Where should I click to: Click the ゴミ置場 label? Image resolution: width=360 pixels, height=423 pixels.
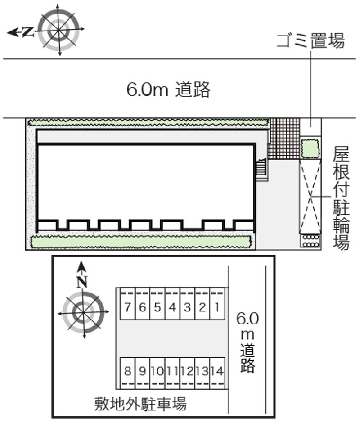(x=311, y=41)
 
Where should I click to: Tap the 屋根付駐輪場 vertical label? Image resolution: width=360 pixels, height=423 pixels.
(x=341, y=198)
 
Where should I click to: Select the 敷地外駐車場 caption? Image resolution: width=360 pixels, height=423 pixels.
(x=140, y=404)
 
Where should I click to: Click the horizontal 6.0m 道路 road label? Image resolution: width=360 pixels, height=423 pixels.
(x=168, y=89)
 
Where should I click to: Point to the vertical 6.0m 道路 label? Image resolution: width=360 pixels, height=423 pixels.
(x=247, y=342)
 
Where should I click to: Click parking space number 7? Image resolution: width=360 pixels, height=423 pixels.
(x=128, y=307)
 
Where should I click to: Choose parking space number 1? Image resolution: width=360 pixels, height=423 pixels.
(x=217, y=307)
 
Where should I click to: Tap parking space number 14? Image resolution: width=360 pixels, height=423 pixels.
(x=217, y=371)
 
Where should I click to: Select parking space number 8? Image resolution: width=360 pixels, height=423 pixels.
(x=128, y=371)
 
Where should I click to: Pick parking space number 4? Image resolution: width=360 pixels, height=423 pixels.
(x=172, y=307)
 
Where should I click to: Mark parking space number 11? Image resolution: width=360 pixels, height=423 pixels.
(x=172, y=371)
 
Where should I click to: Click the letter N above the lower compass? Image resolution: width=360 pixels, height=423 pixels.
(x=82, y=282)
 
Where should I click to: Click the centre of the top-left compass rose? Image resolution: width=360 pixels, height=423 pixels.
(x=59, y=30)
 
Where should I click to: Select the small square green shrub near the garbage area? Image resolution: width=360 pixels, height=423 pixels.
(x=310, y=148)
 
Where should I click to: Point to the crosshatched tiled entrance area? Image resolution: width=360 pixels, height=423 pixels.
(x=284, y=139)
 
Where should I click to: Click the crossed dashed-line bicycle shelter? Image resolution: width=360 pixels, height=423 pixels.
(x=310, y=196)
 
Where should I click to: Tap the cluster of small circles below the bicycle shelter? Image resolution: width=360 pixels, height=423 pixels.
(x=310, y=241)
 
